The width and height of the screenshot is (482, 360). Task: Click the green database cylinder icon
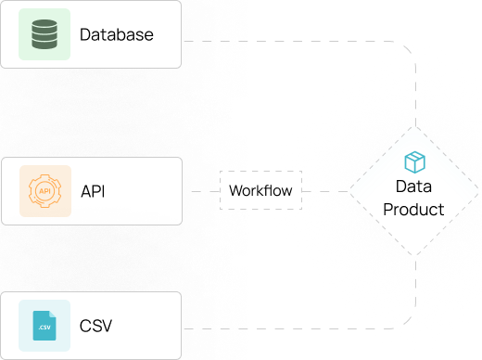[x=44, y=34]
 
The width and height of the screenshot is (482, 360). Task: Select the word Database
[x=117, y=34]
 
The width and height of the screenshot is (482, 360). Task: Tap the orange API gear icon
[x=45, y=191]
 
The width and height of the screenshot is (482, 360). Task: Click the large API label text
[x=93, y=191]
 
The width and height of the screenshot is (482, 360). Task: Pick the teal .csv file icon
[x=44, y=326]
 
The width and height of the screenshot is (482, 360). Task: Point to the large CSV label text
[x=95, y=326]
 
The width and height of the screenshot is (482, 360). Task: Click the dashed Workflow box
[x=260, y=190]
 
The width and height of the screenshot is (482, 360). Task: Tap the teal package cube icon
[x=415, y=162]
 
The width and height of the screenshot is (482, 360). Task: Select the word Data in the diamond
[x=413, y=186]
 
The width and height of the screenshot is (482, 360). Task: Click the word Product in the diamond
[x=413, y=210]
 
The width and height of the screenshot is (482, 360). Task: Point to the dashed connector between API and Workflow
[x=206, y=191]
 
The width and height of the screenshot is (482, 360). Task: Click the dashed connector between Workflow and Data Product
[x=325, y=191]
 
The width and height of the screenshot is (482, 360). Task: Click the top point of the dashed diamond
[x=415, y=127]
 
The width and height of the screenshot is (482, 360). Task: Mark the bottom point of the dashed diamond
[x=415, y=255]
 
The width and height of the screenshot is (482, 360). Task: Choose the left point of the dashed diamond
[x=349, y=191]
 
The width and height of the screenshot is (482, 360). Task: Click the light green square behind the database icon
[x=44, y=34]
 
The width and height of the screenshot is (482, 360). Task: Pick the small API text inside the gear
[x=45, y=191]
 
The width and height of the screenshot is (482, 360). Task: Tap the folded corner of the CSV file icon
[x=53, y=315]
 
